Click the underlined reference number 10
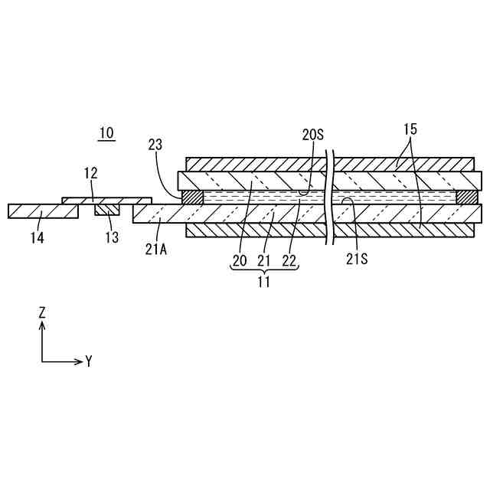pyautogui.click(x=106, y=133)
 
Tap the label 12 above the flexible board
pyautogui.click(x=90, y=173)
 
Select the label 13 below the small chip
pyautogui.click(x=112, y=237)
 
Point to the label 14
pyautogui.click(x=37, y=237)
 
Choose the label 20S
pyautogui.click(x=313, y=135)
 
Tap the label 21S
pyautogui.click(x=357, y=259)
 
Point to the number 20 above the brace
pyautogui.click(x=240, y=260)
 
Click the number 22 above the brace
pyautogui.click(x=289, y=260)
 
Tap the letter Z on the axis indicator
pyautogui.click(x=43, y=312)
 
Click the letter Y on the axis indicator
pyautogui.click(x=89, y=361)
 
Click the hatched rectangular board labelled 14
pyautogui.click(x=43, y=211)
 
